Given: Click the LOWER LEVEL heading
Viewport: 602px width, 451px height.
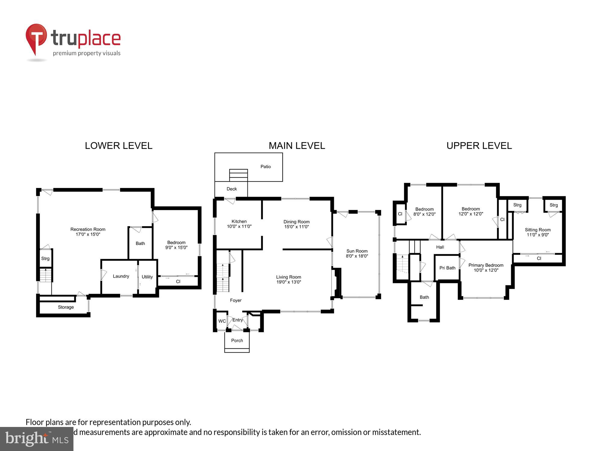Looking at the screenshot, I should (x=119, y=146).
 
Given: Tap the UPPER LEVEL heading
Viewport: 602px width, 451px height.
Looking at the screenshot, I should (x=479, y=146).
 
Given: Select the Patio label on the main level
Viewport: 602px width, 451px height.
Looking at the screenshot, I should (x=265, y=167).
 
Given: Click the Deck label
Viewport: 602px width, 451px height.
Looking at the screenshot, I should (x=231, y=189).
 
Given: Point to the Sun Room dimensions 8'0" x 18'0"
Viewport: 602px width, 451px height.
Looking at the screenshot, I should (x=357, y=256).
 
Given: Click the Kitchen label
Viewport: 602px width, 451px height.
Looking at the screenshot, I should (x=239, y=221).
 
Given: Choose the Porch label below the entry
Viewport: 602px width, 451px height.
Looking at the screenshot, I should (x=237, y=340).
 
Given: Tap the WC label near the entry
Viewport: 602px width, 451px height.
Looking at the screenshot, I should (x=222, y=321).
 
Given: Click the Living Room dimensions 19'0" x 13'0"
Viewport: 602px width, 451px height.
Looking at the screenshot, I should (x=289, y=282).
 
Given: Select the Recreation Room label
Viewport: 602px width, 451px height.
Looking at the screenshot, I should (x=88, y=229).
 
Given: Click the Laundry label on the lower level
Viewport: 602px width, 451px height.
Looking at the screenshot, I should (x=121, y=276).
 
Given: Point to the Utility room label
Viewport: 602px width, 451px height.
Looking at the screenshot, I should (x=147, y=277).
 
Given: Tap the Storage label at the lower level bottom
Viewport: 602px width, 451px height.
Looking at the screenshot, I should (x=66, y=307).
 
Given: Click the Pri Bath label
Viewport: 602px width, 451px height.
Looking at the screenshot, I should (x=447, y=268).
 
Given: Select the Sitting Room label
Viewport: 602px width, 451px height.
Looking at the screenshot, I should (x=538, y=230).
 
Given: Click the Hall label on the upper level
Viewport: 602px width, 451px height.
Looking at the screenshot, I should (x=440, y=247).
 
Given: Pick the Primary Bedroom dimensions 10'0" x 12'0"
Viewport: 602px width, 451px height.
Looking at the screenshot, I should (x=486, y=270).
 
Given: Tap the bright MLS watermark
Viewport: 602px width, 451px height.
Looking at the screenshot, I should (x=36, y=439).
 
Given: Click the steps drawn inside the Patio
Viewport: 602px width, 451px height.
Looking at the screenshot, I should (x=238, y=175).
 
